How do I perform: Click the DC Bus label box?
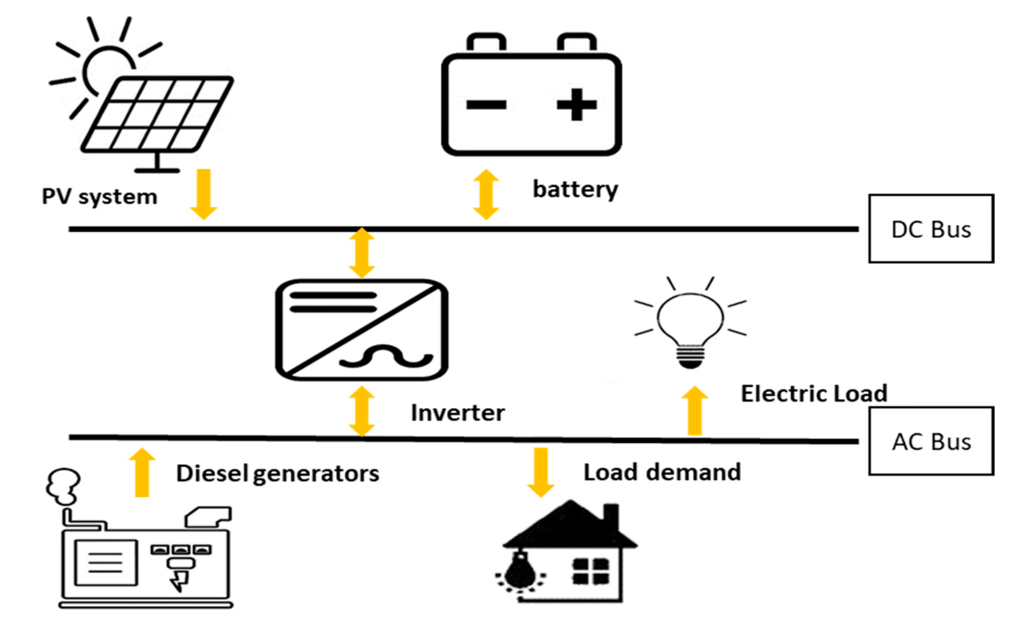pos(931,229)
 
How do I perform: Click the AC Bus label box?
pos(931,441)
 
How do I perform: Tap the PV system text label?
pos(100,197)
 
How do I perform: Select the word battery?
pos(575,190)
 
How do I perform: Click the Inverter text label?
pos(458,413)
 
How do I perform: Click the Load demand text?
pos(662,472)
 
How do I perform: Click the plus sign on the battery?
pos(576,105)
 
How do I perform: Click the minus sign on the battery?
pos(486,105)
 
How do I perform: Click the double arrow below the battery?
pos(486,194)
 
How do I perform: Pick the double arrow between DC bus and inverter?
pos(361,253)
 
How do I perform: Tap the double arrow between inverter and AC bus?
pos(361,411)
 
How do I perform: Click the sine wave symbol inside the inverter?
pos(386,357)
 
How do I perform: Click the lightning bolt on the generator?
pos(180,580)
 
